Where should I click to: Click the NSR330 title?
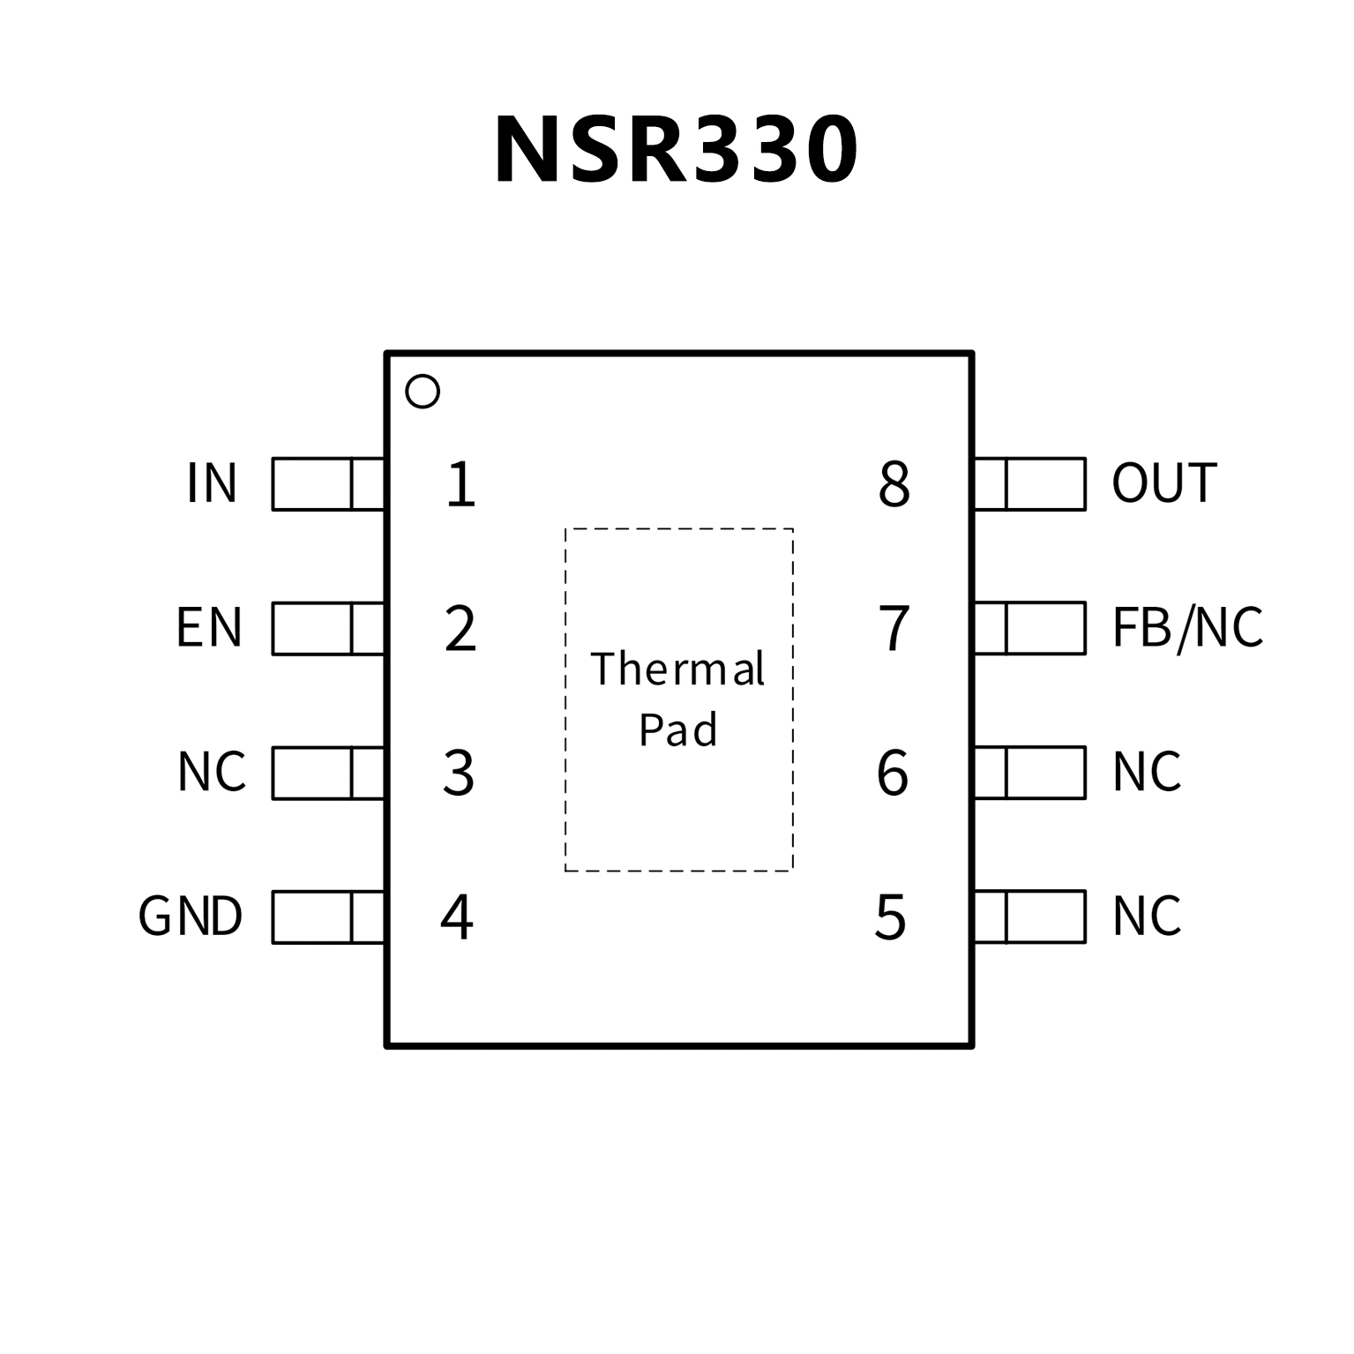click(676, 150)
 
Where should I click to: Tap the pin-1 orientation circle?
click(423, 392)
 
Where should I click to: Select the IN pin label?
click(212, 483)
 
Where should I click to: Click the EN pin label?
click(209, 627)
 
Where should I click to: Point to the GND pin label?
click(191, 916)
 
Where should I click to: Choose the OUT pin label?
click(1163, 483)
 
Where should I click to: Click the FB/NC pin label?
click(1186, 627)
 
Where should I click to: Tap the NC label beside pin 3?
click(212, 772)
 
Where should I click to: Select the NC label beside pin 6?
click(1146, 772)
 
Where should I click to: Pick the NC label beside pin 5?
click(1146, 916)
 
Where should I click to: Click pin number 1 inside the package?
click(460, 484)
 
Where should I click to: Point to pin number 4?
click(457, 917)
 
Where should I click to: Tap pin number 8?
click(894, 484)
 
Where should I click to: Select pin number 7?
click(894, 629)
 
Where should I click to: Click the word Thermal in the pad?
click(677, 669)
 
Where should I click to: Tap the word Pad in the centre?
click(677, 730)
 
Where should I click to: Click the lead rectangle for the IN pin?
click(328, 484)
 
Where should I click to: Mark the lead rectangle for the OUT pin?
click(1029, 484)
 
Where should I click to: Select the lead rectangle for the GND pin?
click(328, 917)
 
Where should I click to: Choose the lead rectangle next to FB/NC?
click(1029, 628)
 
